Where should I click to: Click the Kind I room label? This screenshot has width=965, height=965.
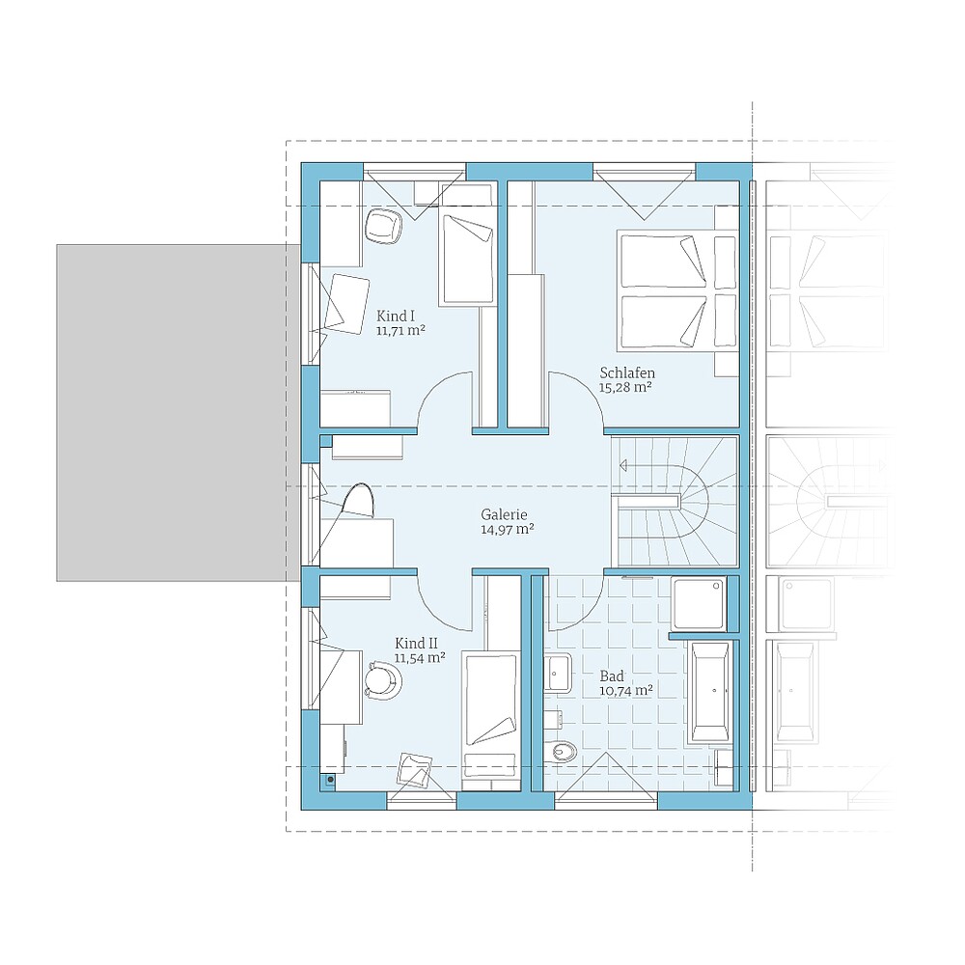(395, 317)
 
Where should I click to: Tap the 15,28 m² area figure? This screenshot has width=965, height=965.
(625, 388)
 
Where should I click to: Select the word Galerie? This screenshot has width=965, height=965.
(504, 514)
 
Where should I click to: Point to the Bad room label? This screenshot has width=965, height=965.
(612, 675)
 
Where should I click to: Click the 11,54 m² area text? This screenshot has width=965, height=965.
(420, 658)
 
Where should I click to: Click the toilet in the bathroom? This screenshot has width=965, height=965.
(560, 750)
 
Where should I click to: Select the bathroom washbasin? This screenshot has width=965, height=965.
(558, 673)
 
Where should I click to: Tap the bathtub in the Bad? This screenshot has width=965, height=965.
(711, 691)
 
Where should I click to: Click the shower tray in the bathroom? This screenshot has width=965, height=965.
(699, 603)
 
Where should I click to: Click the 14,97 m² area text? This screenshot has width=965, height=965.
(508, 529)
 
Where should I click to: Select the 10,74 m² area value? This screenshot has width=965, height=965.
(626, 691)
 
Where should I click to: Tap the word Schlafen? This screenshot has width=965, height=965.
(627, 372)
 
